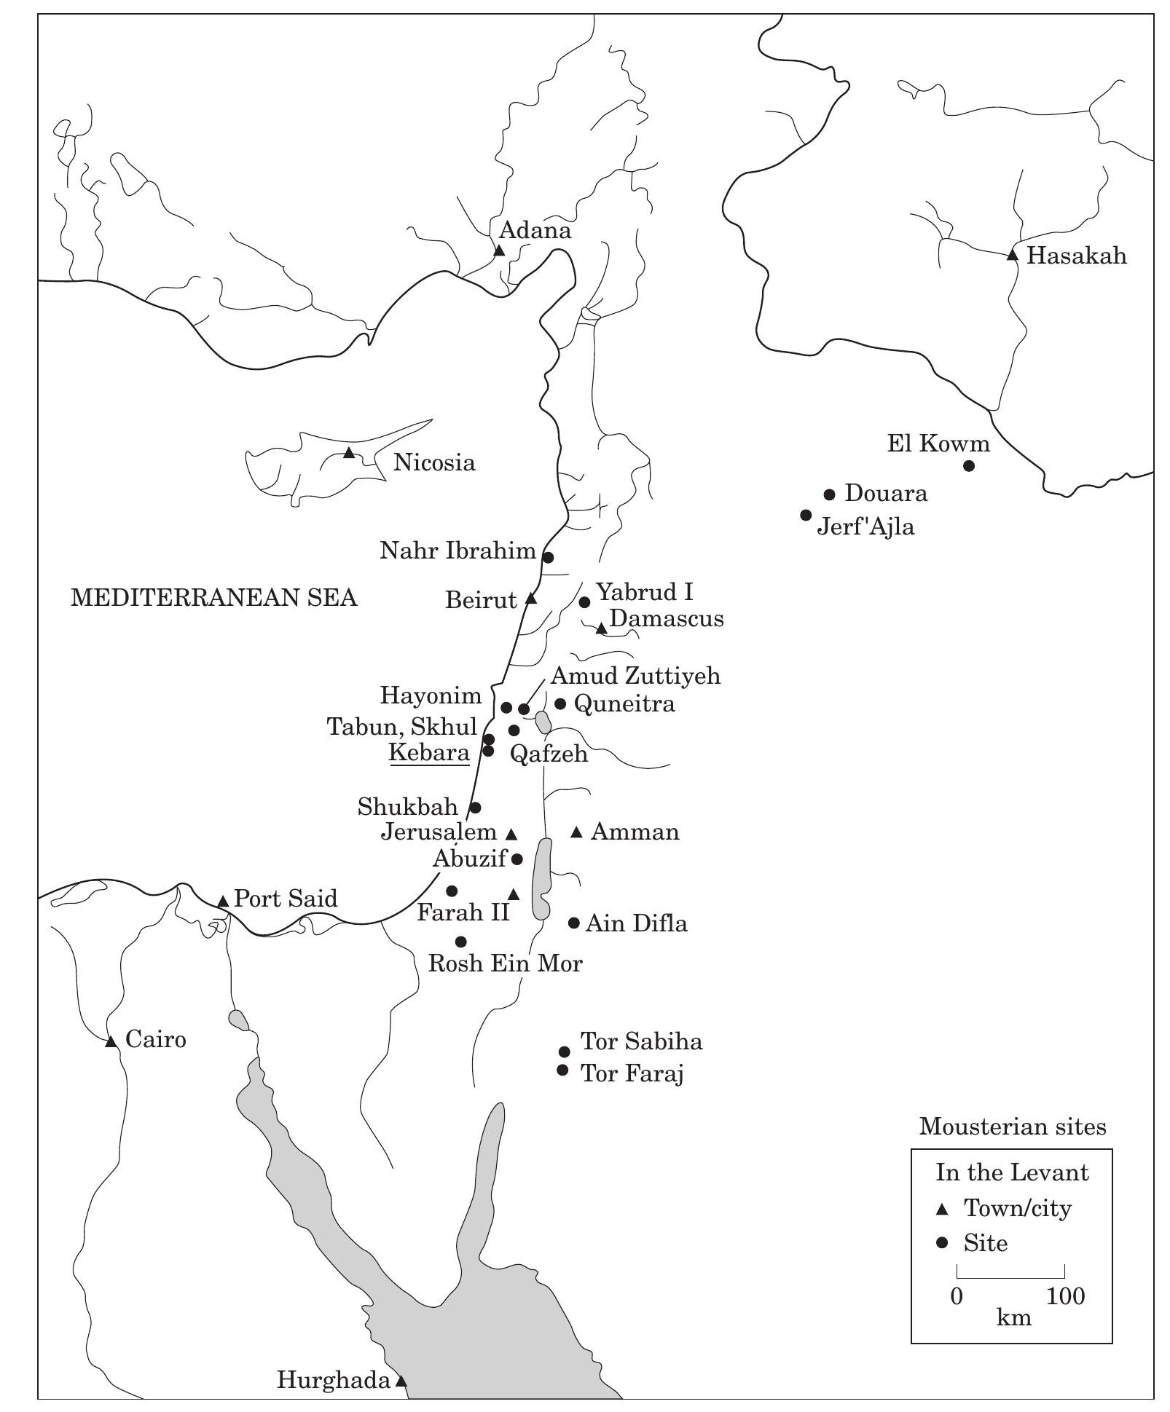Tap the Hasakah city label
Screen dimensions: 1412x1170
pos(1076,256)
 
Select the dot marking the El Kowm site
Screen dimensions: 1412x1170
pos(968,466)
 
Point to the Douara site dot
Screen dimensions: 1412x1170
pos(829,494)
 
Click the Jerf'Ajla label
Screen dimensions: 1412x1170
pos(865,526)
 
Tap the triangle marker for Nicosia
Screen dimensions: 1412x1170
pos(349,453)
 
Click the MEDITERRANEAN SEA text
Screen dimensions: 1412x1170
pos(213,598)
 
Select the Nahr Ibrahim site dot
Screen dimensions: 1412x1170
pos(549,557)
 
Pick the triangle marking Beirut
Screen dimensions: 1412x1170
pos(531,599)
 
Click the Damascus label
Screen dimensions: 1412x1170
pos(667,618)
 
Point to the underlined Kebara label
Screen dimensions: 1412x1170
pos(429,753)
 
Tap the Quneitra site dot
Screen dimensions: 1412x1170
pos(560,703)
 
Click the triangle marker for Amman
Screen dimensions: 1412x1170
pos(576,832)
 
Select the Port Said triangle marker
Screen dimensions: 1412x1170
pos(224,902)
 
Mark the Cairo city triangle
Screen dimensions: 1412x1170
pos(111,1042)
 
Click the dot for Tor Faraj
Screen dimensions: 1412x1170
pos(562,1070)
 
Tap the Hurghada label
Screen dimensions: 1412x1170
pos(334,1380)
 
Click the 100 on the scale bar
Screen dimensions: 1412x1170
pos(1065,1296)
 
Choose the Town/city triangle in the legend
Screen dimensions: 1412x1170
pos(942,1210)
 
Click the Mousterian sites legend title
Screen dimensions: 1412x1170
pos(1012,1127)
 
